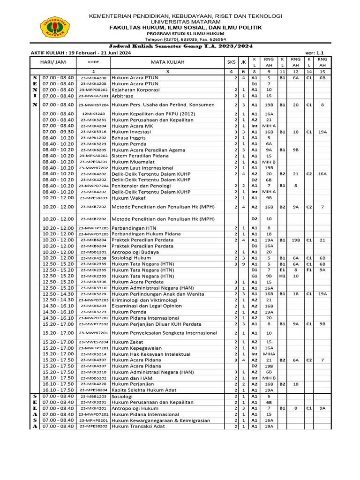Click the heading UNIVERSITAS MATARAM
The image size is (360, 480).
186,22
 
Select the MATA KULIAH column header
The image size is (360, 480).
167,62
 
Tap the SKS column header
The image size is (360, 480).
232,62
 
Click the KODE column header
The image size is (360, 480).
93,62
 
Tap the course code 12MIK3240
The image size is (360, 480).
93,113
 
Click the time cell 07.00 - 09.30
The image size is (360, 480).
58,132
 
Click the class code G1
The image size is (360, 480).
254,276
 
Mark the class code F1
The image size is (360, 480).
309,270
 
